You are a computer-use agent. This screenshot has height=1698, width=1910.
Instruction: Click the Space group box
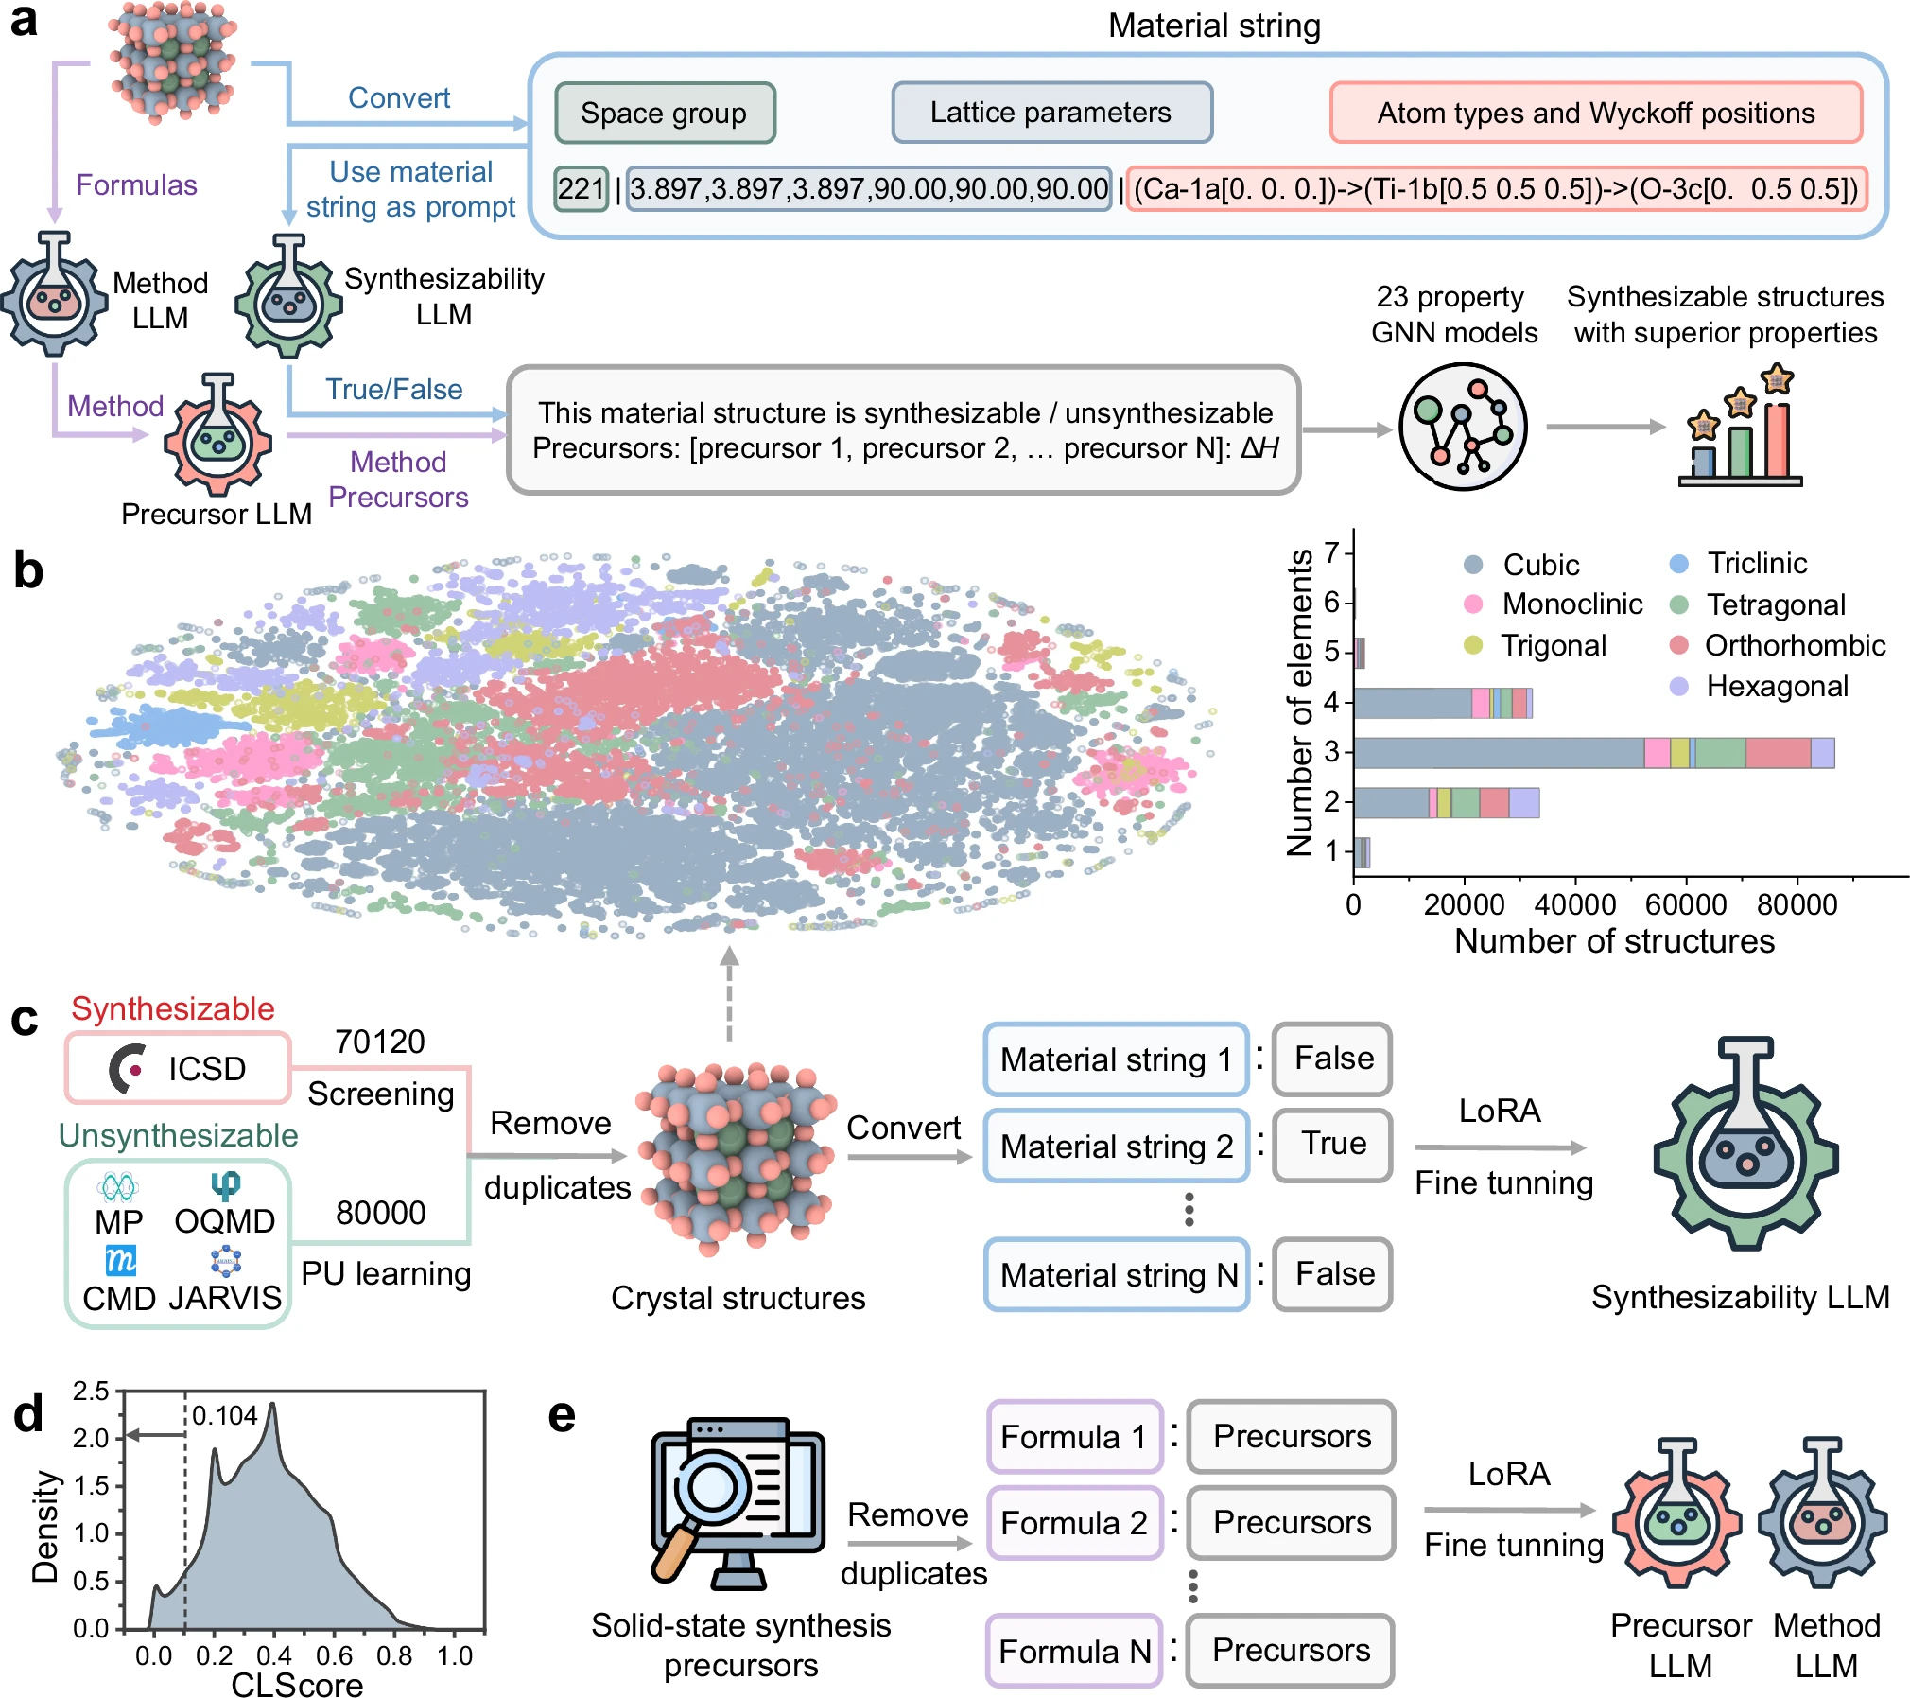(x=664, y=114)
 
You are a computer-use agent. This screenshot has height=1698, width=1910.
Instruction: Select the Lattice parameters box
(x=1050, y=113)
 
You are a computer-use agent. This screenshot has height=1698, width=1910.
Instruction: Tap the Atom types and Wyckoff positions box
(x=1595, y=114)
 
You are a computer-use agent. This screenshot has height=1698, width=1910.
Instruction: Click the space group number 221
(x=580, y=189)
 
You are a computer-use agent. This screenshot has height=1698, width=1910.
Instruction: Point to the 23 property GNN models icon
(x=1462, y=427)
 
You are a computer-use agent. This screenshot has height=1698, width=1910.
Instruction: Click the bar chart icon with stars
(x=1740, y=430)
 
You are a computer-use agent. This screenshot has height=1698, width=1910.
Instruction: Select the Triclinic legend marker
(x=1679, y=565)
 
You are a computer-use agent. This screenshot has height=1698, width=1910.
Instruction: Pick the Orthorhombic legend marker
(x=1679, y=645)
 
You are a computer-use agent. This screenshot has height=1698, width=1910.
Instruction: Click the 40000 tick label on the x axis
(x=1574, y=905)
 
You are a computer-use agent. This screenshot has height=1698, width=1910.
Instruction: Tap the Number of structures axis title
(x=1613, y=941)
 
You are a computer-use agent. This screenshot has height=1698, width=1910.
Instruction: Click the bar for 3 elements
(x=1593, y=753)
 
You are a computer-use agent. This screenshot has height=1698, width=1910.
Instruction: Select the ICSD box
(x=178, y=1068)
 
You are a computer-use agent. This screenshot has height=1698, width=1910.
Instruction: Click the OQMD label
(x=224, y=1221)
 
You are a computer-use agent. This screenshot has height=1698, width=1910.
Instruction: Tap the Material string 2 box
(x=1116, y=1147)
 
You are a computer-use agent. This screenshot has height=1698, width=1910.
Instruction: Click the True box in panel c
(x=1332, y=1145)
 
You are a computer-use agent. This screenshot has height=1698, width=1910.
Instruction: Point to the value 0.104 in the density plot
(x=224, y=1416)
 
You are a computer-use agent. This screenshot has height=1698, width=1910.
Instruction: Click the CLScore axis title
(x=297, y=1685)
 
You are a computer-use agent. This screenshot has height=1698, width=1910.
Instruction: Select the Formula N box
(x=1074, y=1652)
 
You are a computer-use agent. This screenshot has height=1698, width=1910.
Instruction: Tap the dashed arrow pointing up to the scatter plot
(x=729, y=993)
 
